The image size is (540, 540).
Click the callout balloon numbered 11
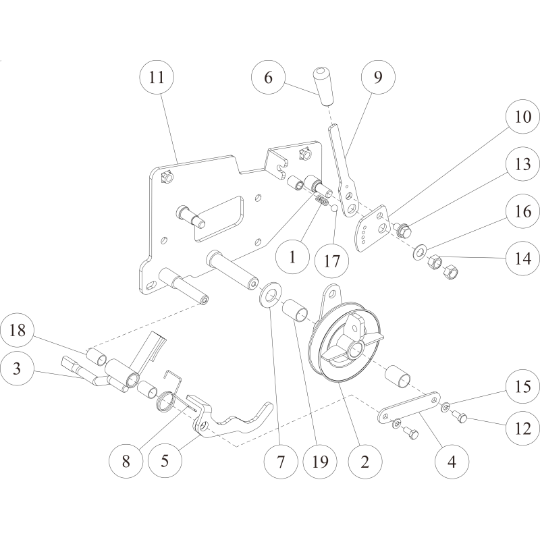coord(157,77)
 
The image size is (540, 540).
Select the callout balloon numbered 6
coord(268,77)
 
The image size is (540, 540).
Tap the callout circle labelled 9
coord(378,77)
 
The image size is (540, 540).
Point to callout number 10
coord(522,116)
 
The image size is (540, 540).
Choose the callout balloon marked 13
coord(522,163)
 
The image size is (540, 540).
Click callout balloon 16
coord(522,211)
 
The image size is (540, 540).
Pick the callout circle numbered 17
coord(332,261)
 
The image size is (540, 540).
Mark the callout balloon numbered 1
coord(293,257)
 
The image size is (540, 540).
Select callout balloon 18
coord(18,330)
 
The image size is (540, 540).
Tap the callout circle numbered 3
coord(18,369)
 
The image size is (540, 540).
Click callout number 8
coord(126,461)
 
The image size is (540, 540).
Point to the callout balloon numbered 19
coord(320,462)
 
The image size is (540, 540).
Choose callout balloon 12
coord(522,429)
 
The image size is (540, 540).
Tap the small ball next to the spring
coord(334,208)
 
